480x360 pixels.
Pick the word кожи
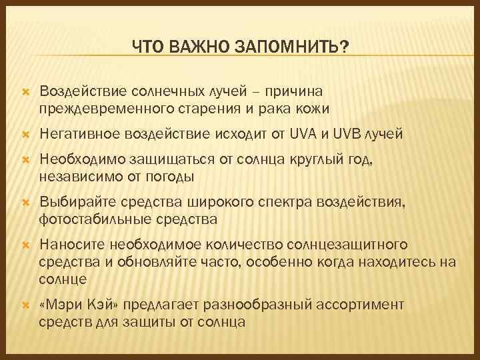click(x=315, y=107)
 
